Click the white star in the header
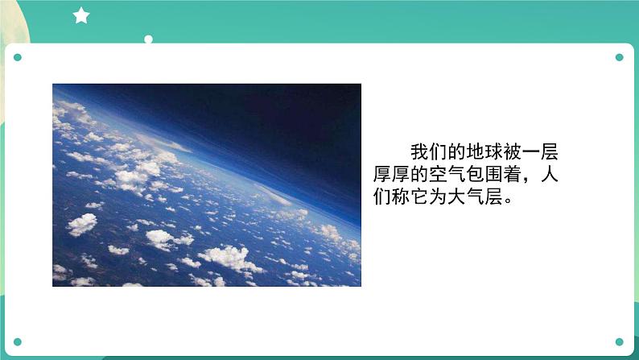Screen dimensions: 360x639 point(81,15)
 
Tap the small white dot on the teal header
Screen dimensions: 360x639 point(148,39)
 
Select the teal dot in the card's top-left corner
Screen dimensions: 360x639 point(18,57)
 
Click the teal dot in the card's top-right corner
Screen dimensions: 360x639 point(619,57)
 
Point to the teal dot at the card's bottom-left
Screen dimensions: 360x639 point(18,341)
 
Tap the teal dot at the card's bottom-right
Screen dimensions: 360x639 point(619,341)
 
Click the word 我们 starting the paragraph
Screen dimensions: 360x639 point(429,152)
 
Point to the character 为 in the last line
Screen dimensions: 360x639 point(439,197)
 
